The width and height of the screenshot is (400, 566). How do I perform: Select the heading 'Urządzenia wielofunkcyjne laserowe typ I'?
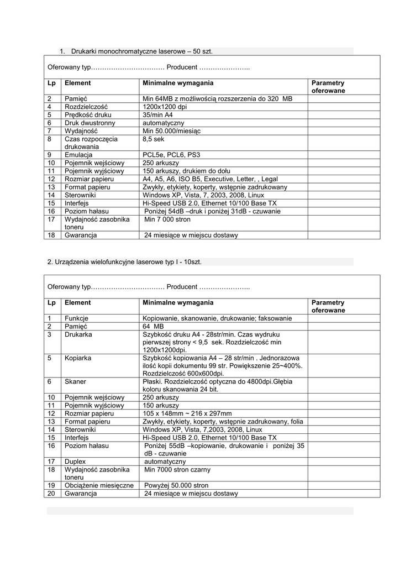coord(125,262)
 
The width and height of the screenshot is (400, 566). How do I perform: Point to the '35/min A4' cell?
coord(157,115)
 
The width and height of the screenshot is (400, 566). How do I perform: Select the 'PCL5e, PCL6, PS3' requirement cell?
coord(172,155)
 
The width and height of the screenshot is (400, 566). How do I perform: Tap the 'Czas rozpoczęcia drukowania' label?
coord(91,143)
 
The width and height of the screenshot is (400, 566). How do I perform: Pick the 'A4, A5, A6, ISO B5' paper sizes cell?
coord(210,179)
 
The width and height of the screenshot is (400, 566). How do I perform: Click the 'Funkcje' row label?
coord(77,318)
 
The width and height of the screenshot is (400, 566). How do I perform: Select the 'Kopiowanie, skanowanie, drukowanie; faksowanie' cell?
coord(217,318)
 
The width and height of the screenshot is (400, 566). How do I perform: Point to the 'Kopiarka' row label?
coord(78,358)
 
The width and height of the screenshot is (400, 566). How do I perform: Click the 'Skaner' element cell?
coord(75,381)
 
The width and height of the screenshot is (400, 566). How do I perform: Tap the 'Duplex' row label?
coord(75,462)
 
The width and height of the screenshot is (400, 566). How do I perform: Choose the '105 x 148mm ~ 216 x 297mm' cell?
coord(187,413)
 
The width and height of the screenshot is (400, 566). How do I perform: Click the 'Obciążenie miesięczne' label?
coord(99,485)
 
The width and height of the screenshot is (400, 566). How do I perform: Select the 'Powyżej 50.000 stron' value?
coord(177,485)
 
